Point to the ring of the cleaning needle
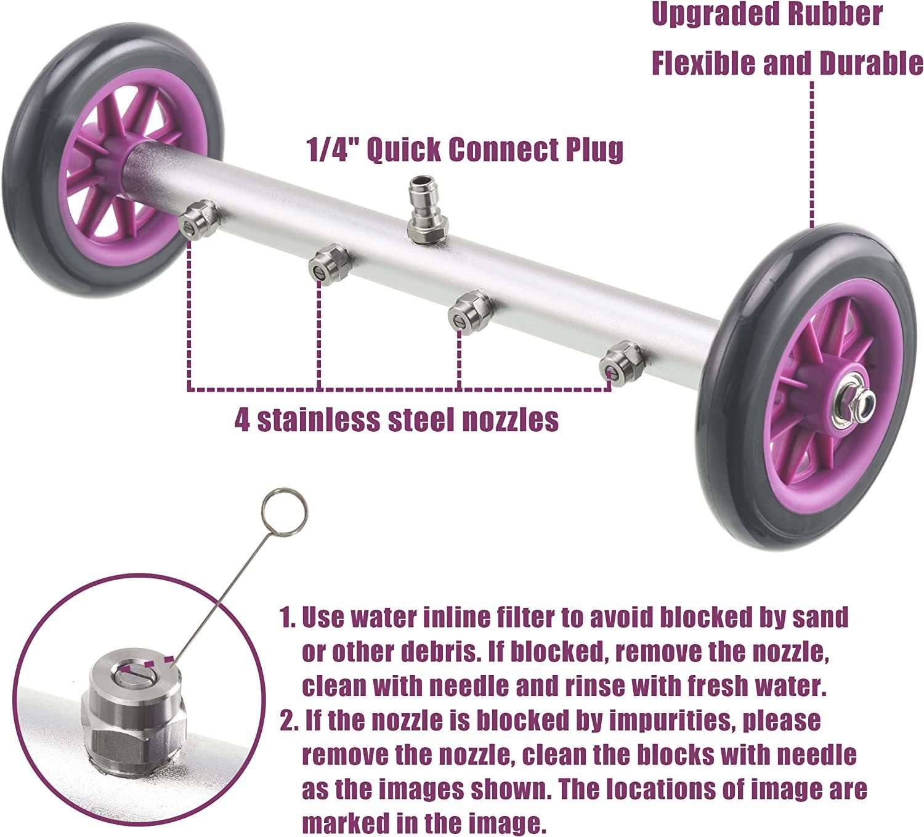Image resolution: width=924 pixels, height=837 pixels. [x=284, y=511]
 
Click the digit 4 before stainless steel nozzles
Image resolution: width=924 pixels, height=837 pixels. [x=242, y=419]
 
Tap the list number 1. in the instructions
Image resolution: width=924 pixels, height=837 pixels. [x=288, y=618]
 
